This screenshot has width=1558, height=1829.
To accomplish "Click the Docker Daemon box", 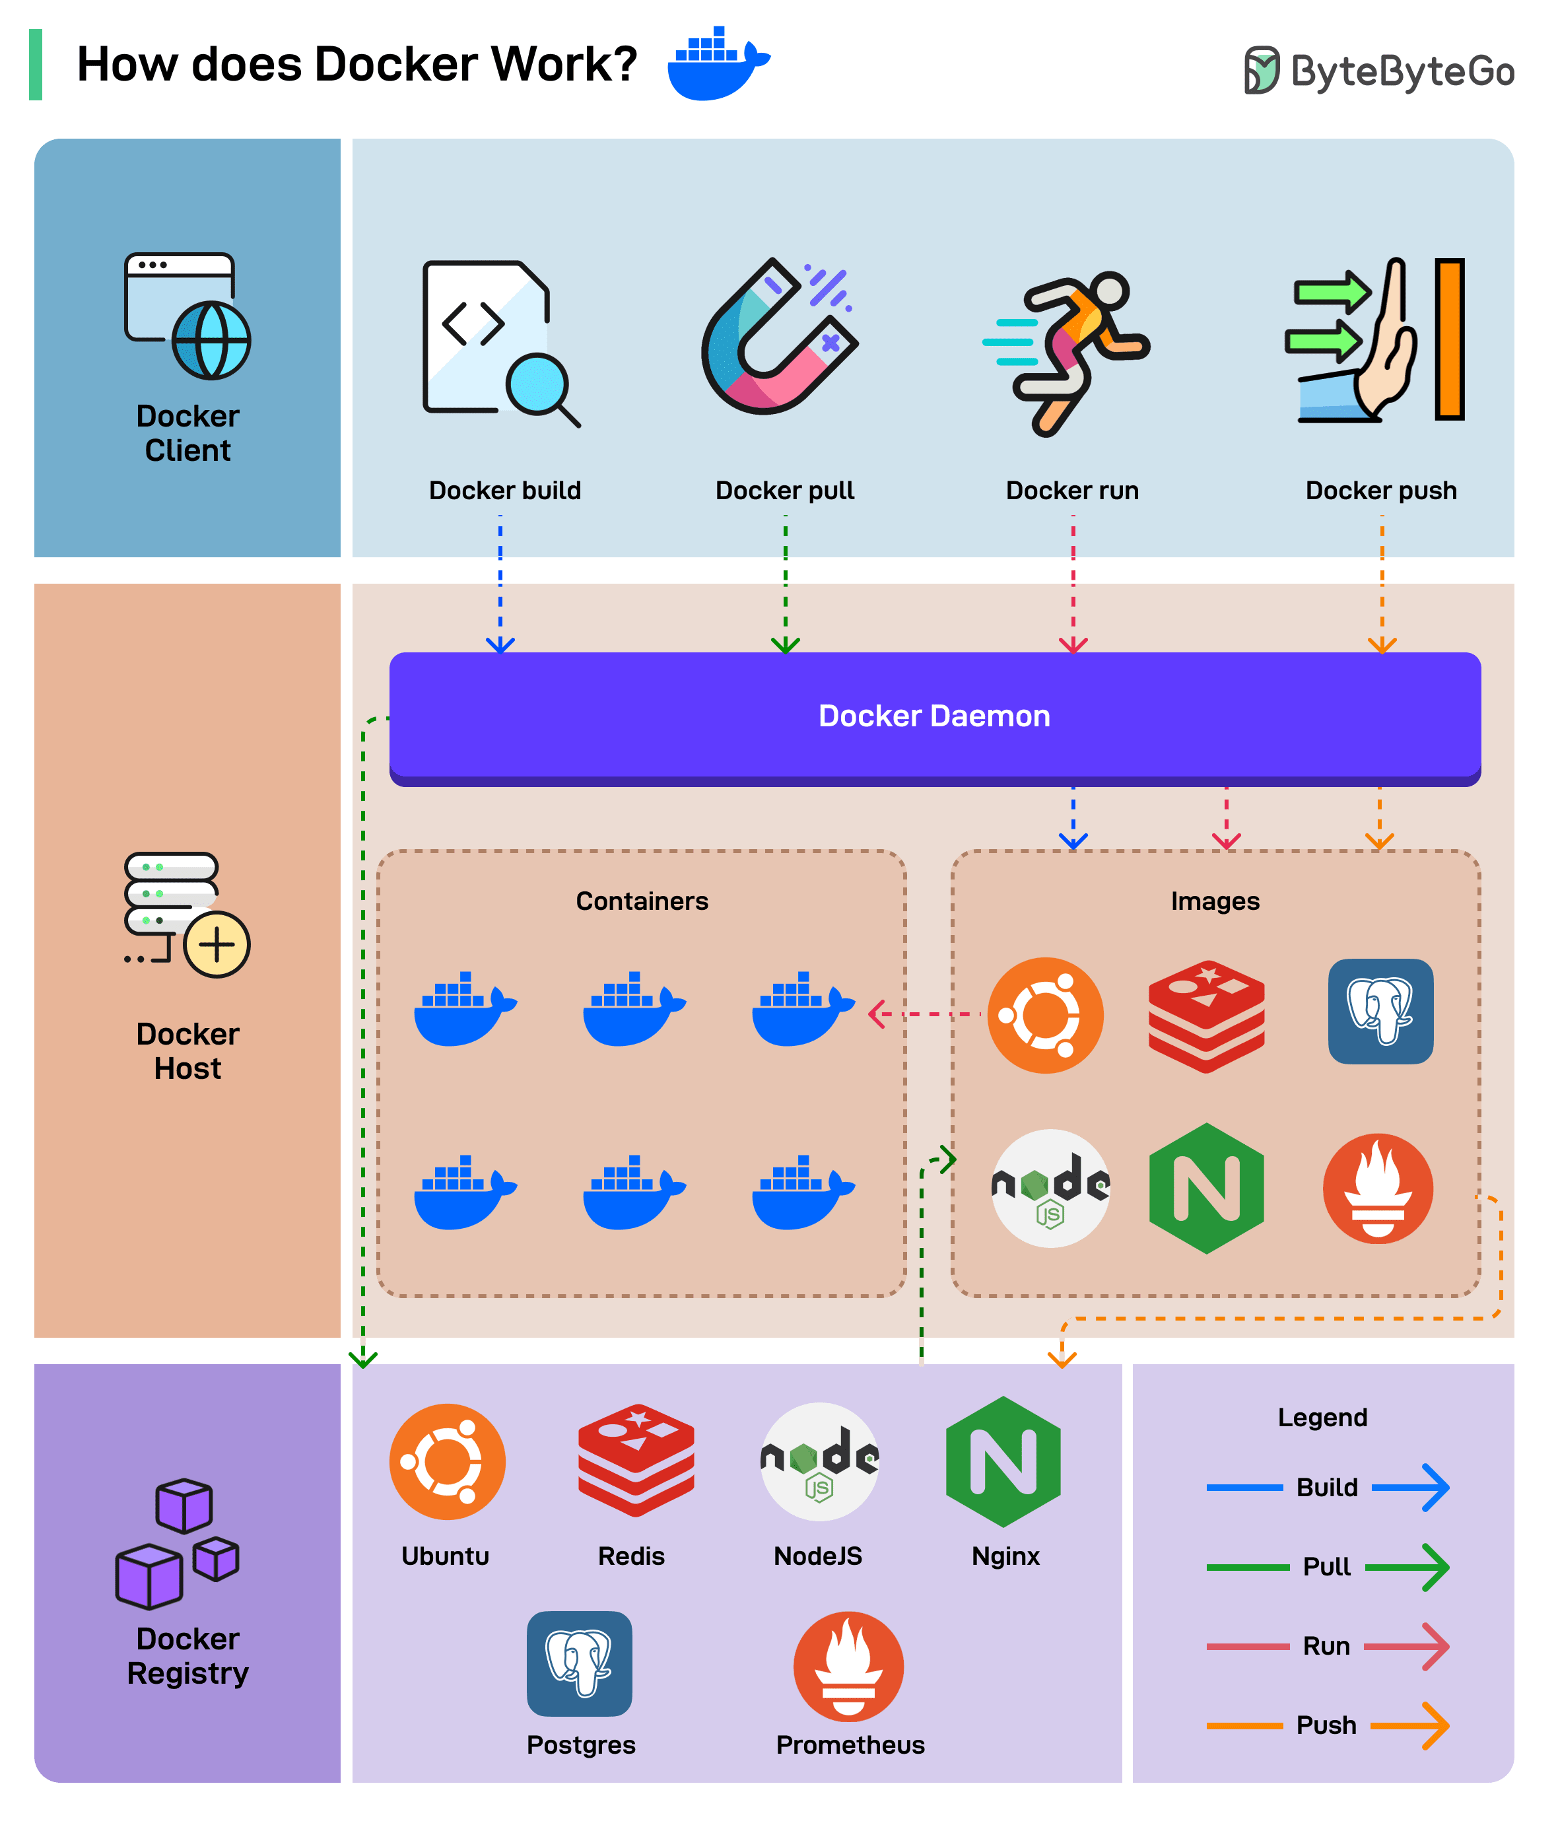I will click(934, 716).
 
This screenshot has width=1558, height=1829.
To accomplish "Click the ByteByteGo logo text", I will click(1402, 71).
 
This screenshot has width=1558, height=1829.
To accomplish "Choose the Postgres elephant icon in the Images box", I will click(1380, 1011).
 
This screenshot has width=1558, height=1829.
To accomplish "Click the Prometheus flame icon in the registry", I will click(848, 1666).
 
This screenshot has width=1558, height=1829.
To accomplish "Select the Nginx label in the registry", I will click(1005, 1556).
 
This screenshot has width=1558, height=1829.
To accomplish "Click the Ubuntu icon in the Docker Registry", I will click(447, 1461).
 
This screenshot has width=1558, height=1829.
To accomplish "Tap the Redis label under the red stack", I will click(630, 1556).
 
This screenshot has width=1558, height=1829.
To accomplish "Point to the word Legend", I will click(1322, 1418).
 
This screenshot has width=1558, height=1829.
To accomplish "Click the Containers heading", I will click(642, 901).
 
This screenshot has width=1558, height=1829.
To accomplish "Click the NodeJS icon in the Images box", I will click(1050, 1188).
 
